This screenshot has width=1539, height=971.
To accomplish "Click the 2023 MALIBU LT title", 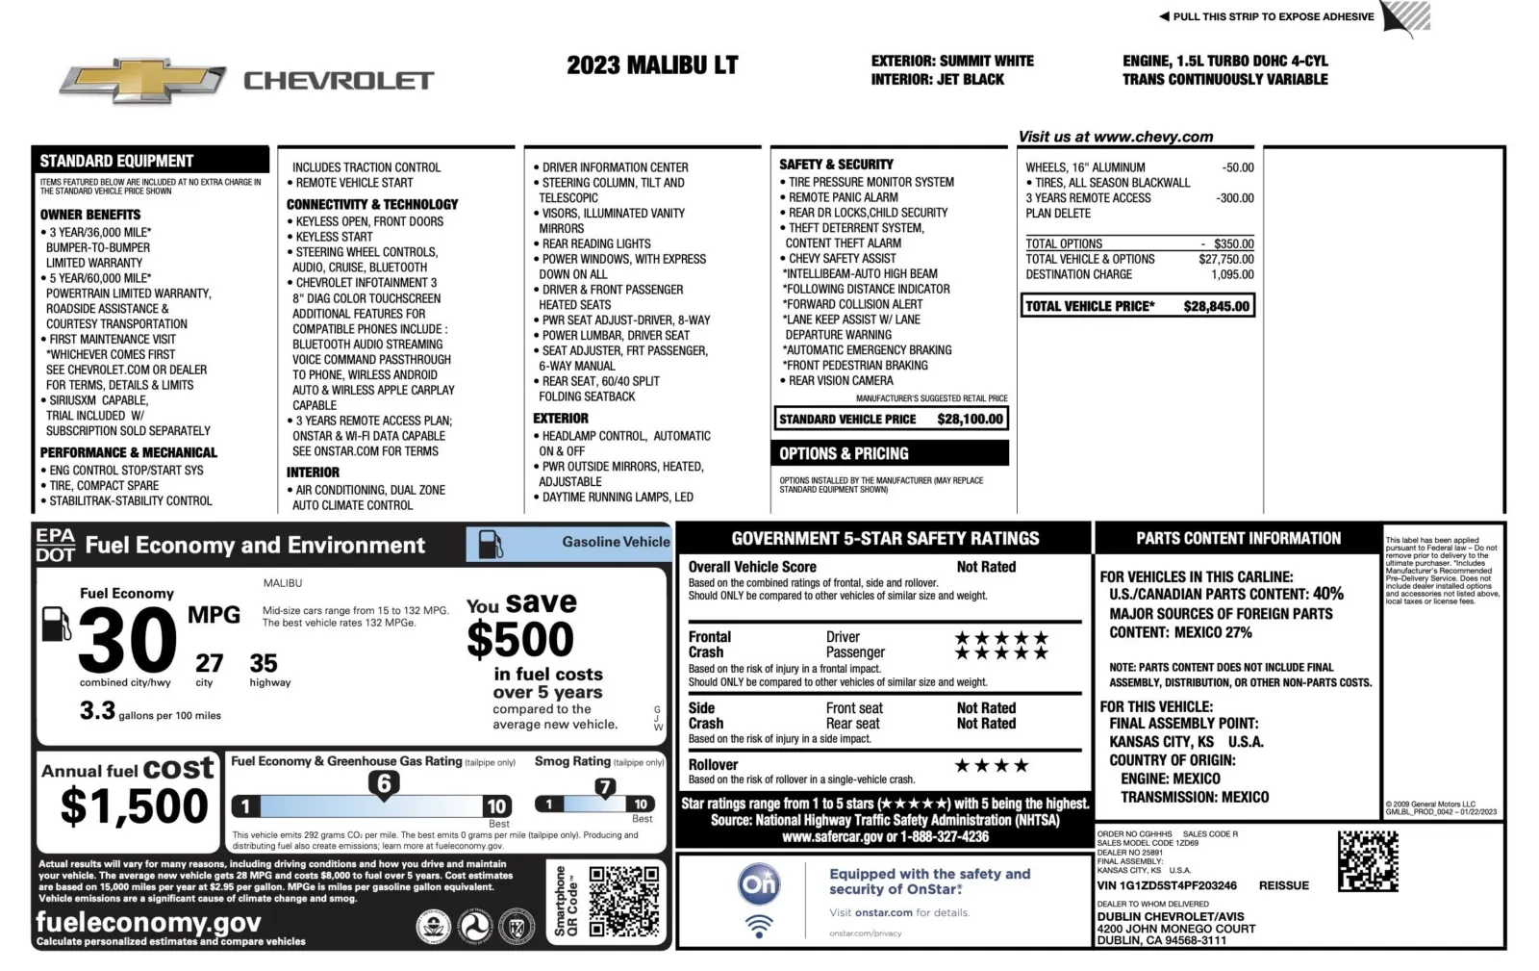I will [x=652, y=65].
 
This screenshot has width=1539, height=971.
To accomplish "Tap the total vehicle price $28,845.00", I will [x=1216, y=306].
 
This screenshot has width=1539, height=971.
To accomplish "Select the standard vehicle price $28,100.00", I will [x=970, y=419].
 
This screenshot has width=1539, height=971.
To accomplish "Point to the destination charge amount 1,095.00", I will [x=1232, y=274].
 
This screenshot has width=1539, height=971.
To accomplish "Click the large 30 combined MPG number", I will [x=128, y=641].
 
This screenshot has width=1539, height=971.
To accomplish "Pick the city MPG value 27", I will [x=209, y=663].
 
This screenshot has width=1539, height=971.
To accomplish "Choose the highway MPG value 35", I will [x=264, y=663].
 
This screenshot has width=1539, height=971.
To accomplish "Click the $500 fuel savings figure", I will [x=520, y=639].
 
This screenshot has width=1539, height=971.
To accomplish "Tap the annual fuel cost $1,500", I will [x=134, y=805].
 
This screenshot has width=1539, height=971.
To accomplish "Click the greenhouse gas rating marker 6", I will [x=384, y=784].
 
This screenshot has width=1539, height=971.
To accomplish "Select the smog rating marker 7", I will [x=604, y=787].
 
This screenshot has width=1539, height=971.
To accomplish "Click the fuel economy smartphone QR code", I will [x=623, y=901].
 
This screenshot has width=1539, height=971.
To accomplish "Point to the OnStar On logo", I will [x=759, y=883].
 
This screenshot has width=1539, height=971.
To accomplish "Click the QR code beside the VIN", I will [x=1367, y=861].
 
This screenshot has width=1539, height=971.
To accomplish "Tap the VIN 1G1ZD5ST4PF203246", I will [x=1167, y=885].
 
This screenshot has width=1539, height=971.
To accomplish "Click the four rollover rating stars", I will [x=991, y=766].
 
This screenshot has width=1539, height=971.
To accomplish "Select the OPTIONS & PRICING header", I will [x=844, y=453].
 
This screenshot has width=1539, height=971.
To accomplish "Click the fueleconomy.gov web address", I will [x=148, y=922].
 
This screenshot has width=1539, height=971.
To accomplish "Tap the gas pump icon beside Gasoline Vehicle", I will [x=491, y=544].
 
